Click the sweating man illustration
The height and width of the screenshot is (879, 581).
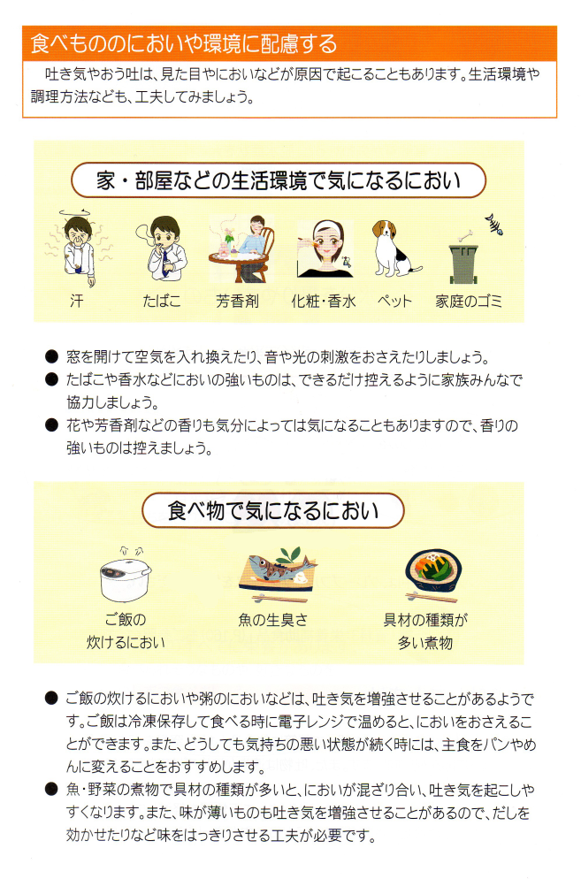pos(79,248)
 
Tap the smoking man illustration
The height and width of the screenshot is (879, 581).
pos(162,248)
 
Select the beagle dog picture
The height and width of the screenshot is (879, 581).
pos(394,248)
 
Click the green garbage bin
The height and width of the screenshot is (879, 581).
pos(463,264)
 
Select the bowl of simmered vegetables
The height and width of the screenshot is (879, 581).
pos(432,572)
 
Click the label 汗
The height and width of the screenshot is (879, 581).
pos(77,302)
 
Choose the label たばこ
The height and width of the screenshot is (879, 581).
pos(162,302)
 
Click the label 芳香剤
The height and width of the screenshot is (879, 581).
pos(237,302)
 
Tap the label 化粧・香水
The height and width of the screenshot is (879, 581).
pos(324,302)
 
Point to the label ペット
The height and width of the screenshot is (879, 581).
pos(394,302)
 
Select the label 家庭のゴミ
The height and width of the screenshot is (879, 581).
pos(469,302)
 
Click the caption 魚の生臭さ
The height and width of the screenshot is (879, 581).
pos(273,620)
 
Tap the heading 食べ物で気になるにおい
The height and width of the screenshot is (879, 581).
pos(273,511)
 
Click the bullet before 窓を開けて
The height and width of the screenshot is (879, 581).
pos(51,356)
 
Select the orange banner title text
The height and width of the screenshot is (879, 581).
pos(184,43)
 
